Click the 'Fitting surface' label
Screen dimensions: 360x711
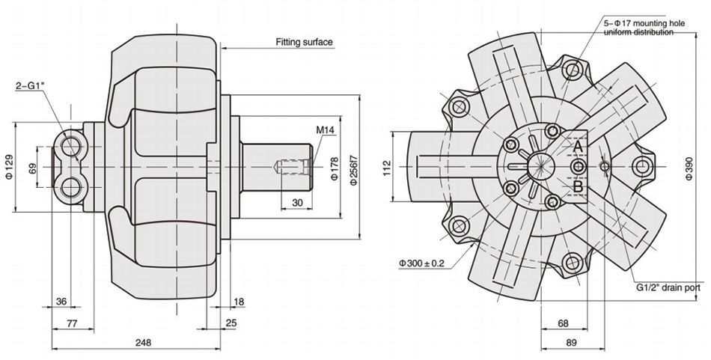(x=304, y=43)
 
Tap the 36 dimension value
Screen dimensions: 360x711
(x=61, y=302)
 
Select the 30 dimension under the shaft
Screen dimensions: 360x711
(x=297, y=203)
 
